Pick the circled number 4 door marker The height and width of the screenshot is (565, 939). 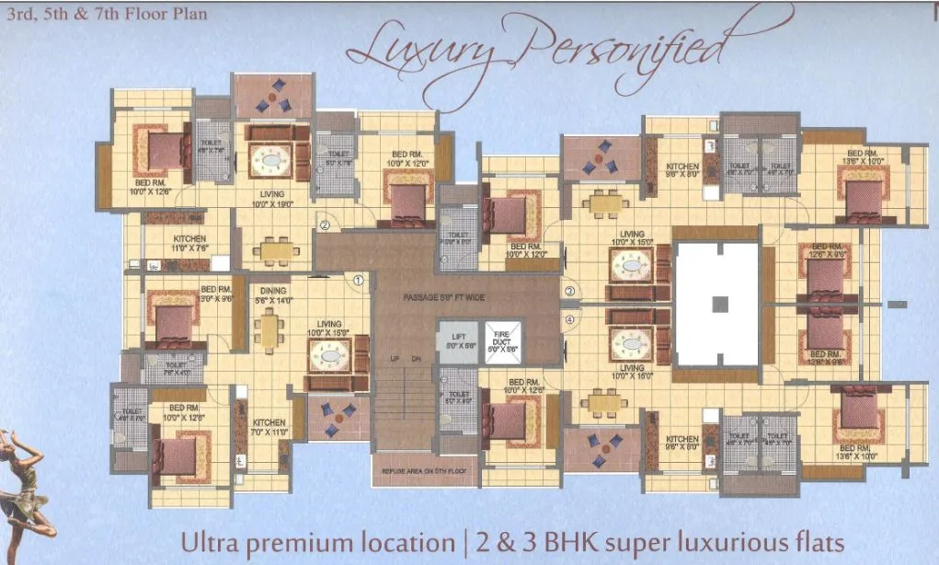coord(570,320)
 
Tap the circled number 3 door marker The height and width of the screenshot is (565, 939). coord(570,291)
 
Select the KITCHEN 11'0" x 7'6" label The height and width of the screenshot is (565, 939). coord(190,243)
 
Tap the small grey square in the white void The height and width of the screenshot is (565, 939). coord(720,303)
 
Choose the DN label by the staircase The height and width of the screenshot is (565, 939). coord(416,358)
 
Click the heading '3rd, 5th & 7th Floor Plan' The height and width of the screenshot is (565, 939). coord(107,14)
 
